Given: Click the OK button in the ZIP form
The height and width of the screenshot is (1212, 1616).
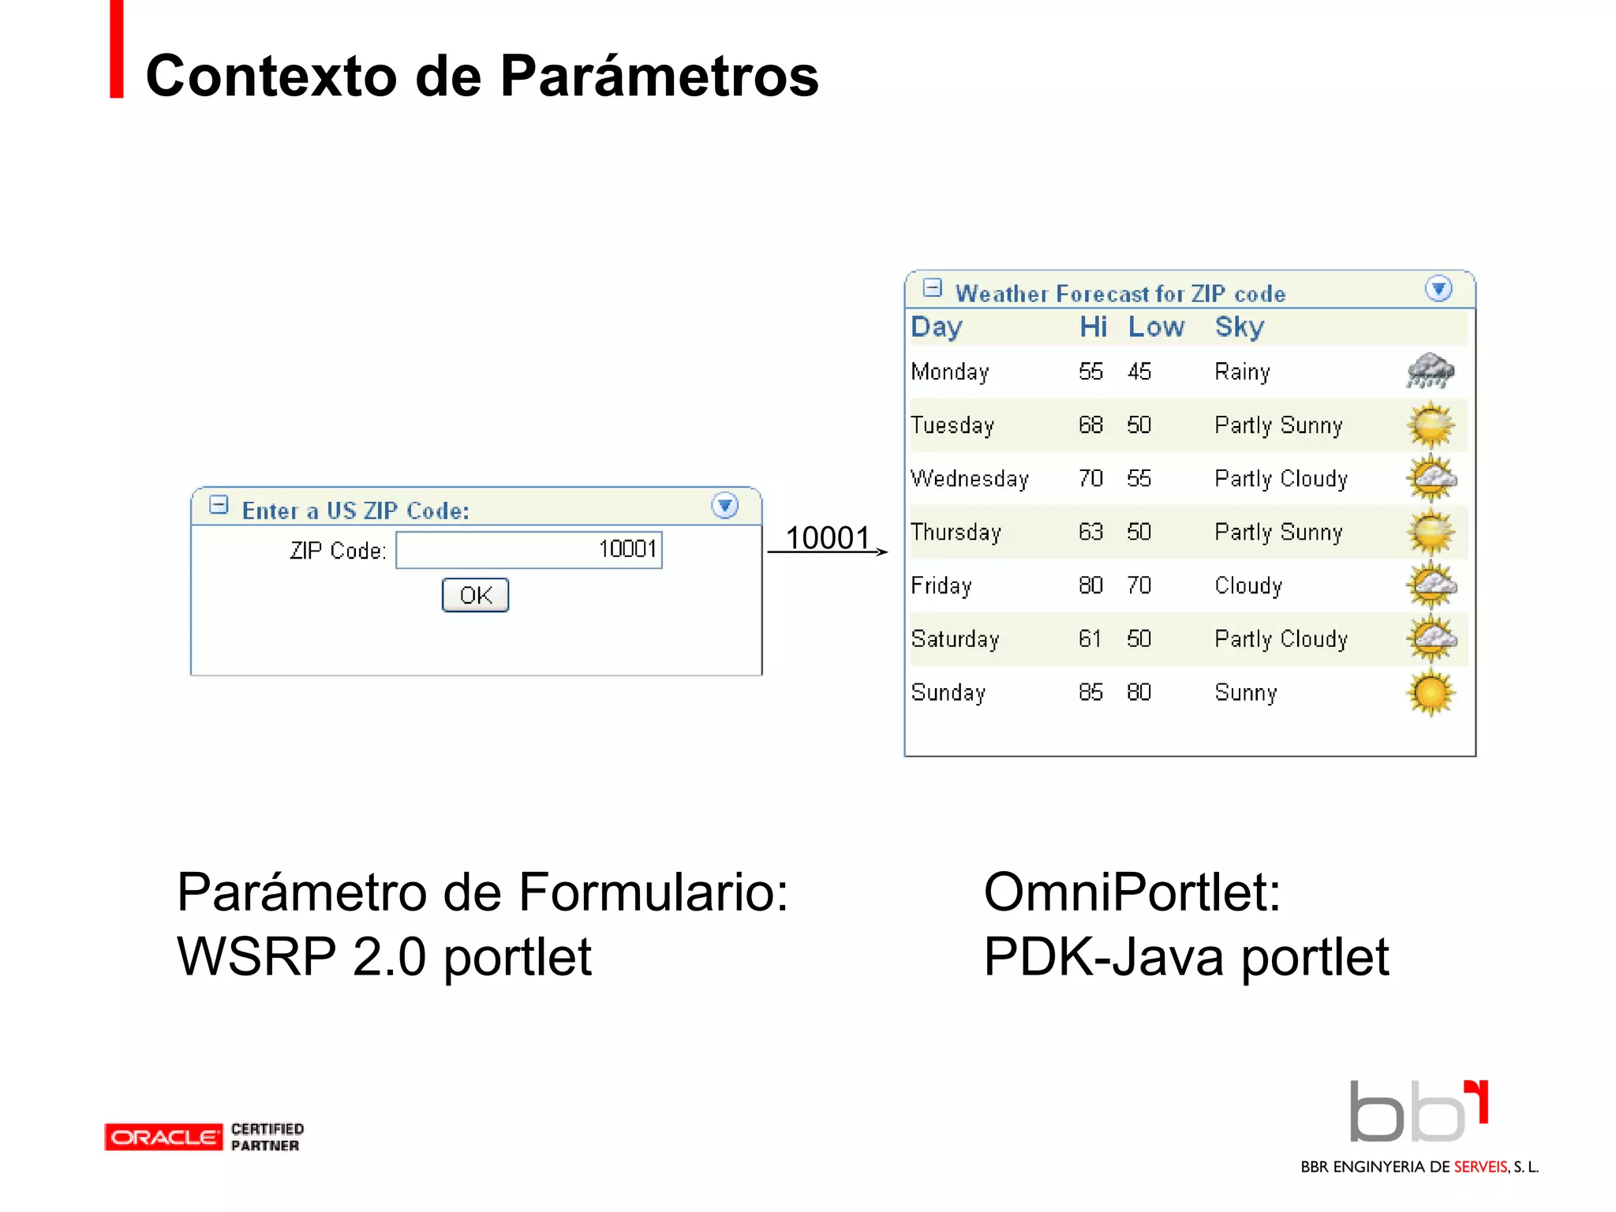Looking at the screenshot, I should click(x=475, y=595).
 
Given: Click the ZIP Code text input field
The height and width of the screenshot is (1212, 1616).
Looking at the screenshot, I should click(x=529, y=549).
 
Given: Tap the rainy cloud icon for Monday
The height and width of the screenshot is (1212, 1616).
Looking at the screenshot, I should click(x=1430, y=371).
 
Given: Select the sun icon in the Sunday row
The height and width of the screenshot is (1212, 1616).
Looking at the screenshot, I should click(x=1430, y=693).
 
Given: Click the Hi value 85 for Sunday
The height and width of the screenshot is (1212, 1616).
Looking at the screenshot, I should click(x=1090, y=693).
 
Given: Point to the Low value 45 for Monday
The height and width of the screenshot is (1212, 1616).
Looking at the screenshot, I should click(x=1139, y=371).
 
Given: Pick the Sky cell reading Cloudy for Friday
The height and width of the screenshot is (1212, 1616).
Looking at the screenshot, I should click(x=1248, y=585).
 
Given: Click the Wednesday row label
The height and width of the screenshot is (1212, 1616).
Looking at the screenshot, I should click(x=970, y=479).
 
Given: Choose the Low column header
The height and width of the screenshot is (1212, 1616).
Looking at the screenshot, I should click(x=1156, y=327).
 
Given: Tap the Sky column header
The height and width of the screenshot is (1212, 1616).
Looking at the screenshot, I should click(x=1240, y=327).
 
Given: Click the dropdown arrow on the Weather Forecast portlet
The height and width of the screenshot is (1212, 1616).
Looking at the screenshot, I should click(x=1438, y=289).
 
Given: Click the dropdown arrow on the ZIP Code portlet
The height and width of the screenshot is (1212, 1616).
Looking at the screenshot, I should click(x=724, y=505).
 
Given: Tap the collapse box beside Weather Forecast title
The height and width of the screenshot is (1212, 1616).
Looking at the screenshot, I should click(x=932, y=288).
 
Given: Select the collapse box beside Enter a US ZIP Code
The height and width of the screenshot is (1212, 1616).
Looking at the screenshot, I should click(x=219, y=505).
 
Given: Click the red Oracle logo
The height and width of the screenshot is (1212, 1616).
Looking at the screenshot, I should click(x=163, y=1137).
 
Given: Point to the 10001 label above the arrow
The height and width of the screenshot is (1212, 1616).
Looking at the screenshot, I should click(x=827, y=538).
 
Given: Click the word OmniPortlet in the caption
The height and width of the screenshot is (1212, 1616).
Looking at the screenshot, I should click(x=1132, y=892).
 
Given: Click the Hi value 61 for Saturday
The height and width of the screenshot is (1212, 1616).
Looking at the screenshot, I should click(x=1090, y=639).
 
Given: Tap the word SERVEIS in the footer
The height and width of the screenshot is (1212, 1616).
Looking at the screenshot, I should click(x=1480, y=1167).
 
